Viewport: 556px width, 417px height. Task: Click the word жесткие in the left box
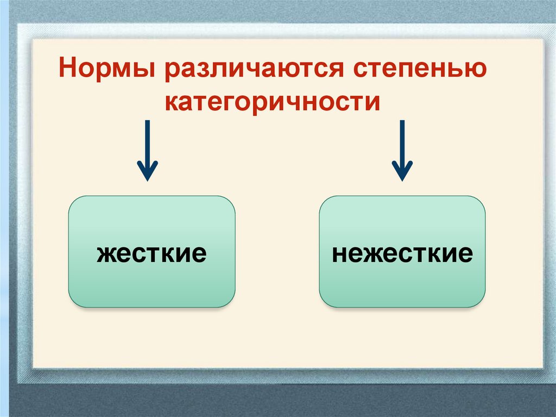151,253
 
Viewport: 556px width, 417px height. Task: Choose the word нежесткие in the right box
402,253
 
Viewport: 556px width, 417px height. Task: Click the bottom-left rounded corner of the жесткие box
74,302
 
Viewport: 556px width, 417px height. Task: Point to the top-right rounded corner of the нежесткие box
480,202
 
